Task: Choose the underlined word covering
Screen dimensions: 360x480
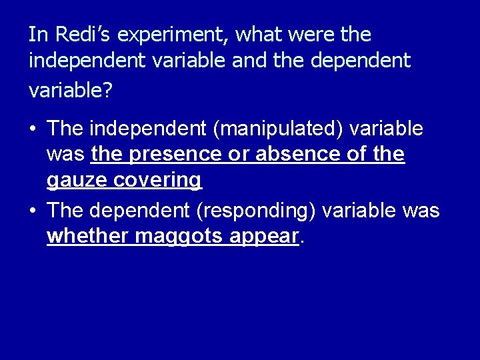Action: [157, 180]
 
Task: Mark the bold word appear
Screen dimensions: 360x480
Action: [265, 237]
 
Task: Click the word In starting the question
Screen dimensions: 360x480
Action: [37, 35]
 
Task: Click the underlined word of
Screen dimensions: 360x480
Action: [353, 154]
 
